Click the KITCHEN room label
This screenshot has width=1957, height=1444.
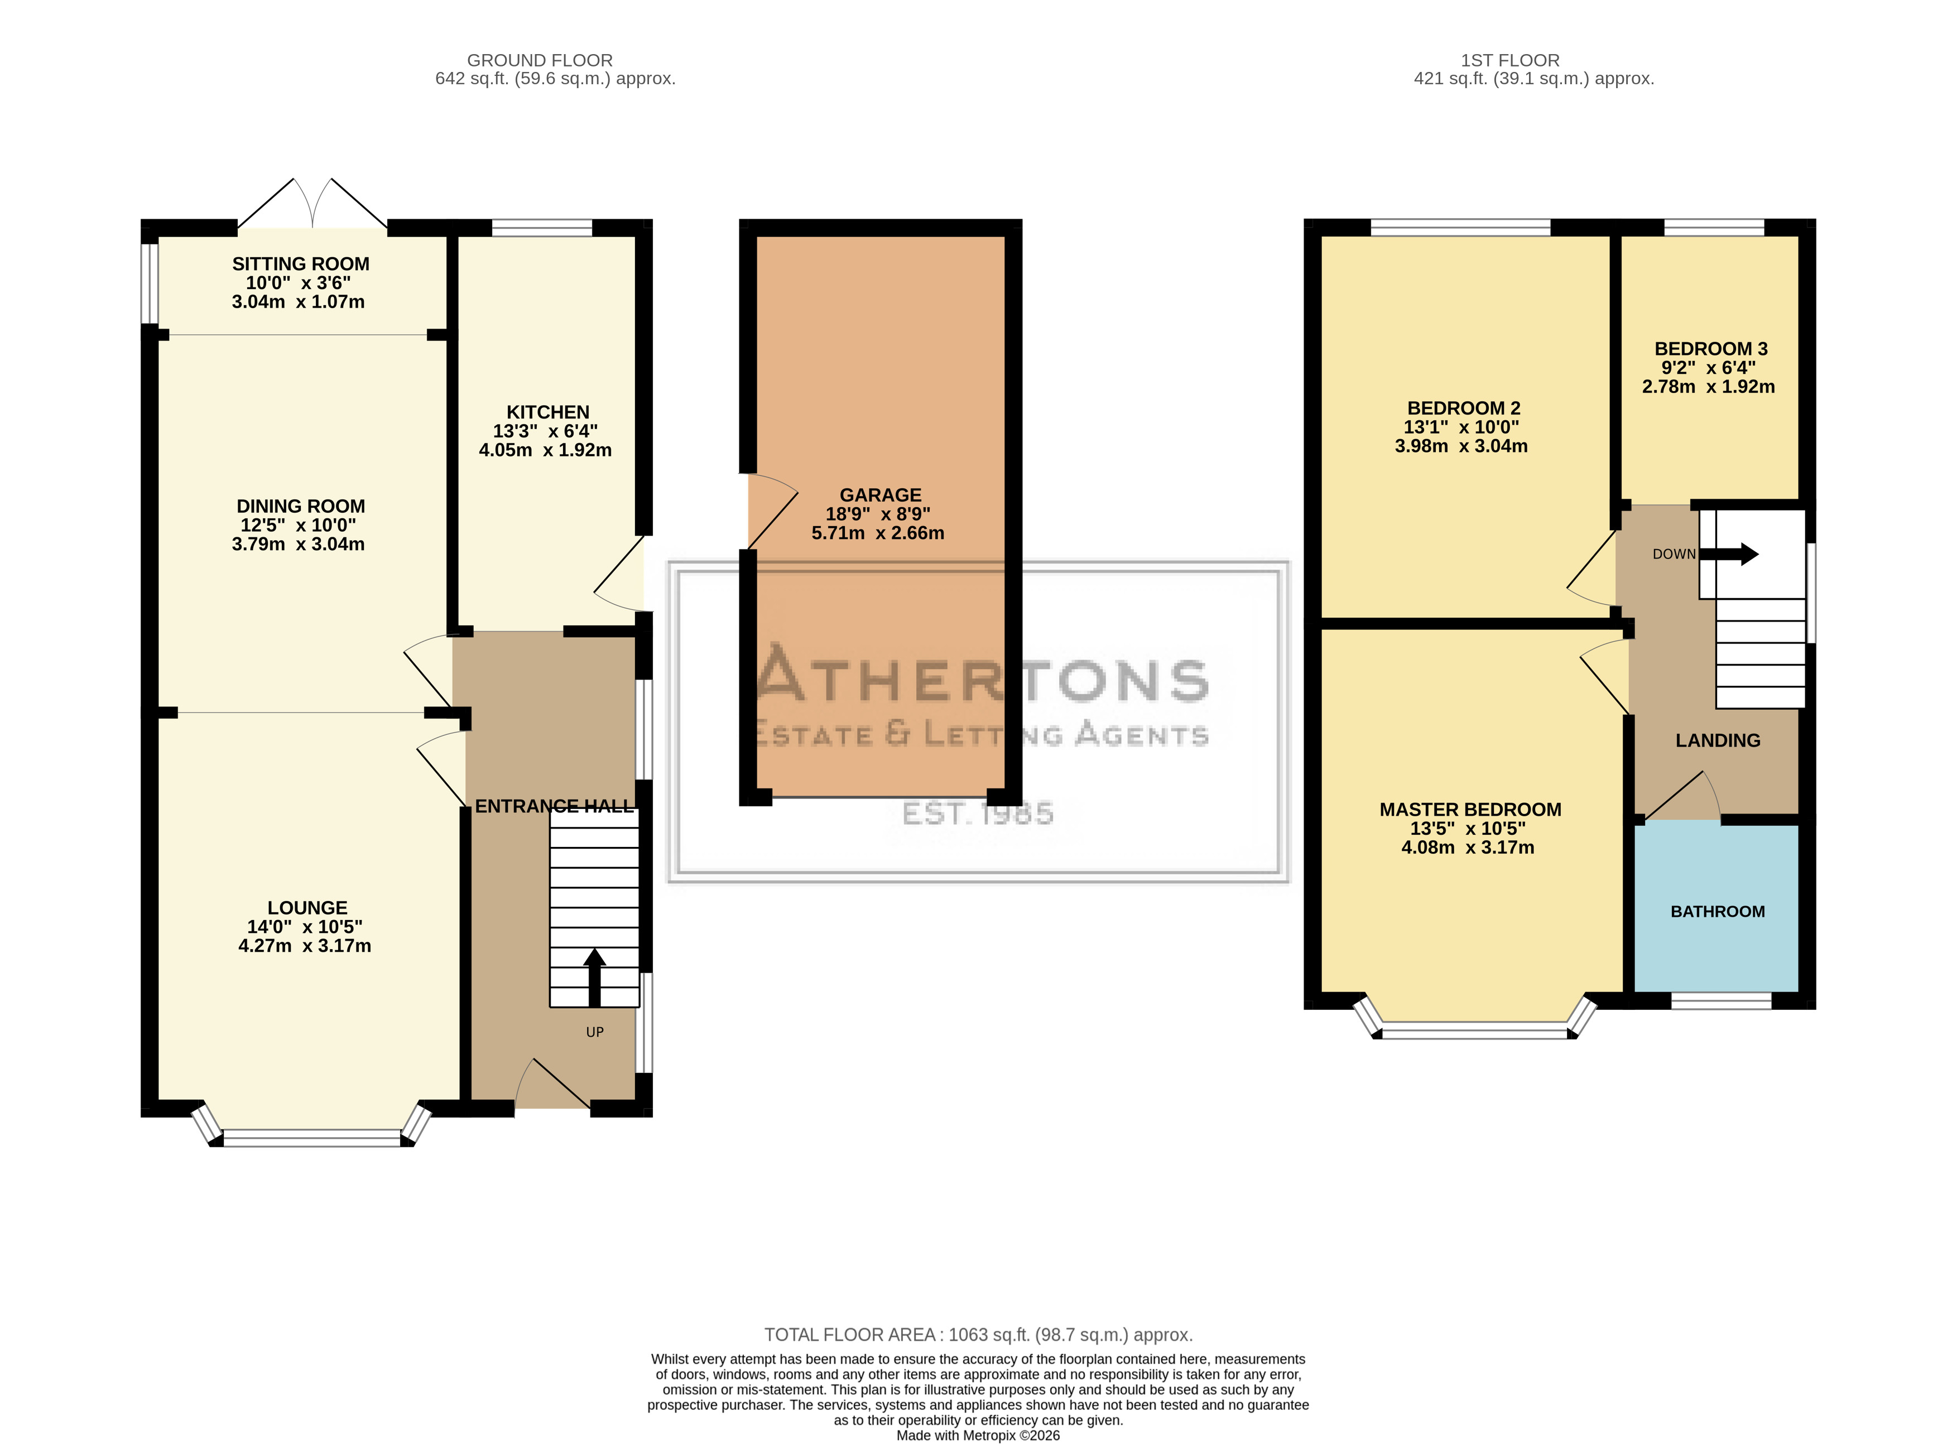(548, 412)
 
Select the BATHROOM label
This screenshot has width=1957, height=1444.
(1718, 912)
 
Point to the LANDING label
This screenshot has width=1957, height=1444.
(1718, 741)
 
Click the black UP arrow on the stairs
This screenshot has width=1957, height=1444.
(594, 977)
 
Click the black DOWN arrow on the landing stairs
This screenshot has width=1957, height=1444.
(1729, 554)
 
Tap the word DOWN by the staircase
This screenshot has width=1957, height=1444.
(1674, 554)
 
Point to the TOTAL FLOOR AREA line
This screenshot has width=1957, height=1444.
(978, 1335)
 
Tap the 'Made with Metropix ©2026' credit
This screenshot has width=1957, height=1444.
(978, 1435)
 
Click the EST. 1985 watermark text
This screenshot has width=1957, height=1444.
(978, 814)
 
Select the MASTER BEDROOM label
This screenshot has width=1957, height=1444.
(1470, 810)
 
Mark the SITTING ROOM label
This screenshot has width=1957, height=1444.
(301, 264)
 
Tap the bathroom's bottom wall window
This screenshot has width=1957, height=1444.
(1721, 1001)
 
